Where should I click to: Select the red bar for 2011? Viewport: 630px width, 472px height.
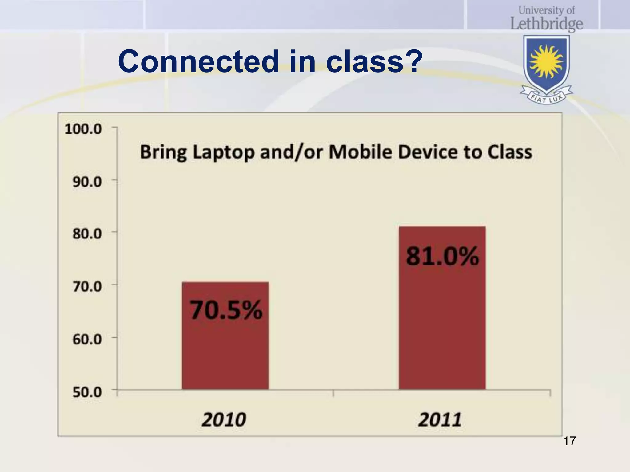pyautogui.click(x=442, y=323)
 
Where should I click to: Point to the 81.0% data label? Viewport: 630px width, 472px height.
pyautogui.click(x=442, y=256)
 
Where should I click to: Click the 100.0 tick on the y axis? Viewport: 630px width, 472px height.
pyautogui.click(x=83, y=129)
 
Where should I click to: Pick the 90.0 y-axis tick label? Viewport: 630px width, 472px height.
pyautogui.click(x=87, y=182)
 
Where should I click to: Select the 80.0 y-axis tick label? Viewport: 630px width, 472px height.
pyautogui.click(x=87, y=234)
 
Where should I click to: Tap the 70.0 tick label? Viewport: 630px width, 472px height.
pyautogui.click(x=87, y=287)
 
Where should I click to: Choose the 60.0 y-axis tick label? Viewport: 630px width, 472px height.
pyautogui.click(x=87, y=340)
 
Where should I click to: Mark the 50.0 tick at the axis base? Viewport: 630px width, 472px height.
pyautogui.click(x=87, y=392)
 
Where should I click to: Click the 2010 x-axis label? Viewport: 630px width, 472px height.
pyautogui.click(x=224, y=419)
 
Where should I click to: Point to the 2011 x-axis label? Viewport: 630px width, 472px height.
pyautogui.click(x=440, y=419)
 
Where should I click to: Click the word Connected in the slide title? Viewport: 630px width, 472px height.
pyautogui.click(x=198, y=61)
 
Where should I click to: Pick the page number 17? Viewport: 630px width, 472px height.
pyautogui.click(x=569, y=441)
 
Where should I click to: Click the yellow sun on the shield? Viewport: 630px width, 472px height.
pyautogui.click(x=546, y=61)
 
